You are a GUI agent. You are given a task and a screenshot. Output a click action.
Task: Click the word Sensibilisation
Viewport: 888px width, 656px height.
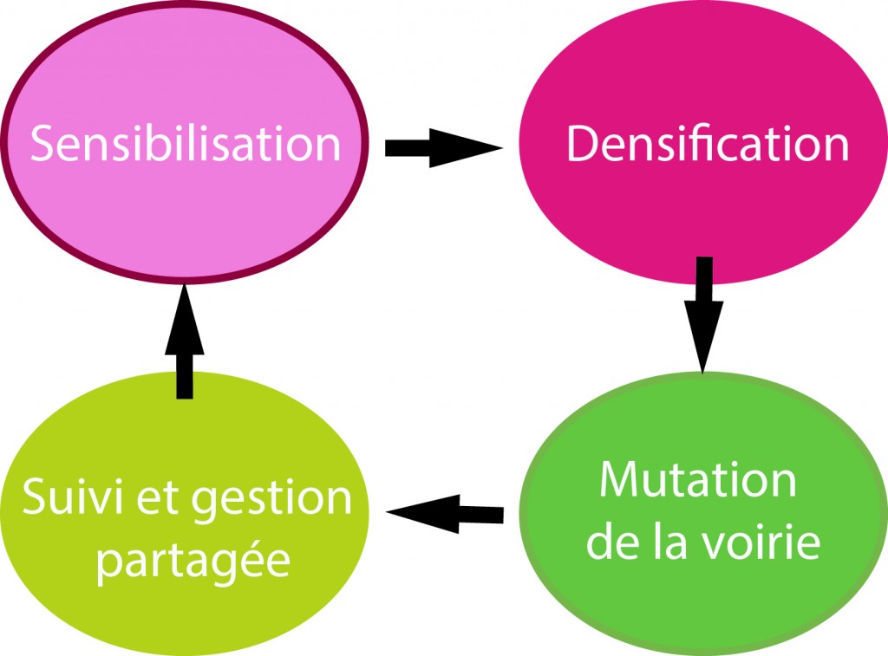pos(186,144)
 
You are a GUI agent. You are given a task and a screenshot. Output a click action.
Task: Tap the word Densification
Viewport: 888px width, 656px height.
pos(708,144)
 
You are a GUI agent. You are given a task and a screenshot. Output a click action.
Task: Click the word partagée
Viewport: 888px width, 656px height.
pos(193,561)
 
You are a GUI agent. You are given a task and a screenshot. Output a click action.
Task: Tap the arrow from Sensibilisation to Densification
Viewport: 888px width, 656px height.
pos(442,148)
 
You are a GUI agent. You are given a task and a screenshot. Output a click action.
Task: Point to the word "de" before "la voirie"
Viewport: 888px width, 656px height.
pos(610,542)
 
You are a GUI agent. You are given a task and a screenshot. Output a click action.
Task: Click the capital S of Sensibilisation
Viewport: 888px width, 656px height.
pos(45,144)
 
